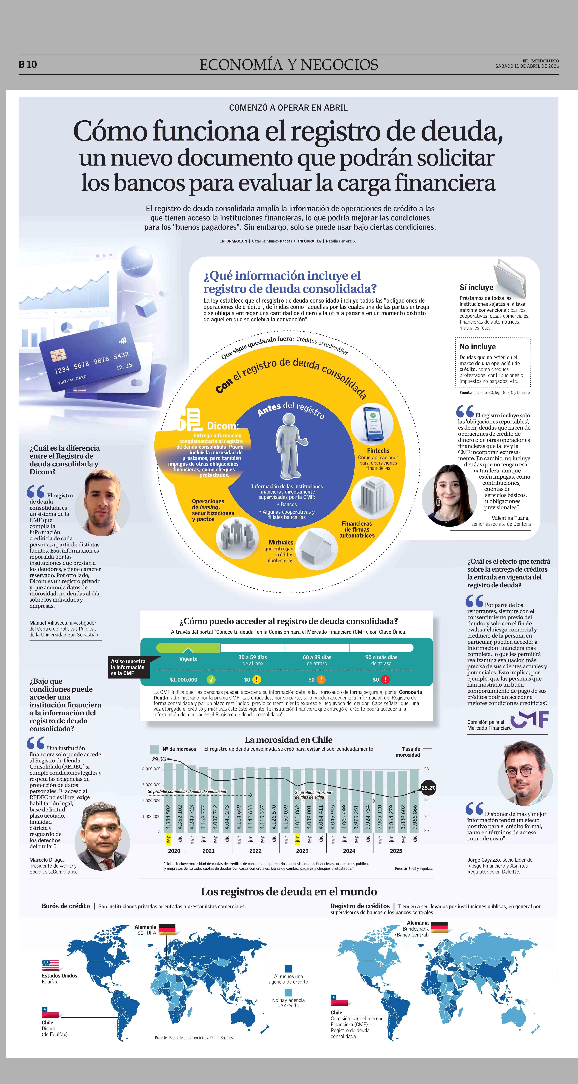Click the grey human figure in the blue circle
289,445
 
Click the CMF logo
530,720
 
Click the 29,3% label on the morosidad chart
159,759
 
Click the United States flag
50,965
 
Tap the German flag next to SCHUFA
167,930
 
